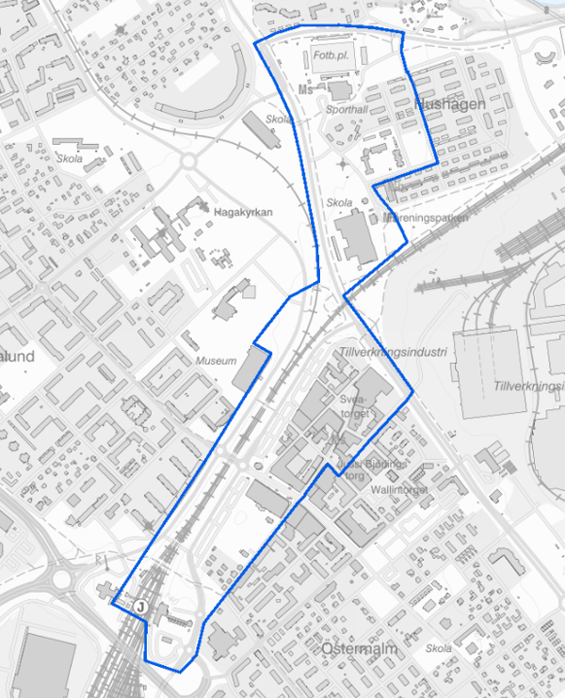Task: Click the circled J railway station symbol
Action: tap(140, 608)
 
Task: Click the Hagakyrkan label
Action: tap(244, 213)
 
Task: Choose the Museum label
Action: tap(217, 361)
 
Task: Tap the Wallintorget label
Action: tap(401, 489)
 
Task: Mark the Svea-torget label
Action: tap(357, 405)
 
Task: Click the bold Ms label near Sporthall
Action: tap(304, 90)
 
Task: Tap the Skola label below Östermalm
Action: tap(438, 649)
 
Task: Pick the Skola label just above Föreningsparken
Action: tap(338, 202)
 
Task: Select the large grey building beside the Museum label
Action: tap(249, 368)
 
